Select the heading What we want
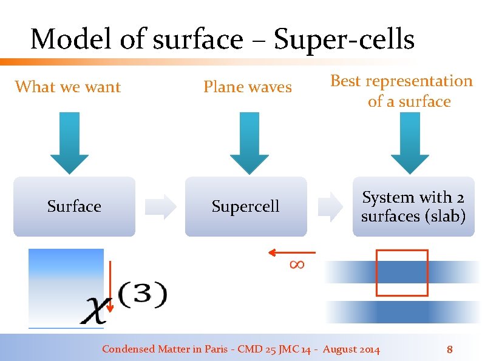(68, 87)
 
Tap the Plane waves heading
(248, 87)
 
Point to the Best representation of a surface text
(401, 91)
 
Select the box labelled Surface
(74, 206)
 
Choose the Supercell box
(246, 206)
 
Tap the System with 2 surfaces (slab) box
(413, 206)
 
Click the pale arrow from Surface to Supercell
(161, 206)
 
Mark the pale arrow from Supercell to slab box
(331, 206)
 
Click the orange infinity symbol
(297, 264)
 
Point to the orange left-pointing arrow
(291, 252)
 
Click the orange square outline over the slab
(402, 273)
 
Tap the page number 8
(450, 349)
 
